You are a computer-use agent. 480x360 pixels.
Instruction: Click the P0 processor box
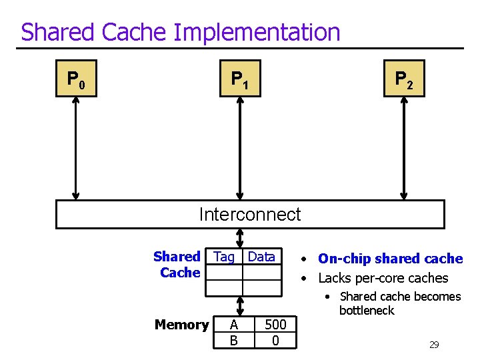(76, 79)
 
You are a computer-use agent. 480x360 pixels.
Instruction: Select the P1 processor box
(240, 79)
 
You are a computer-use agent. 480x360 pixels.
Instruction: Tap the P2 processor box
(404, 79)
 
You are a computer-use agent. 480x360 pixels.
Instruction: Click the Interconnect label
(250, 215)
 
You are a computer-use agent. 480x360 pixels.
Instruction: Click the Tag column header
(224, 257)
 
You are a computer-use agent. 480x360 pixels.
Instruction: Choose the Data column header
(261, 257)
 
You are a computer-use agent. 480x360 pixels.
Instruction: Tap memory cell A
(233, 325)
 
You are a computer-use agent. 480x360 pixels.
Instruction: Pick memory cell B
(233, 341)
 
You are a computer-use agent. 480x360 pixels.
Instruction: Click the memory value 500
(275, 325)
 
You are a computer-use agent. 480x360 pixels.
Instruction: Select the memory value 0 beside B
(275, 341)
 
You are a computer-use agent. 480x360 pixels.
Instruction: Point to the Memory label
(181, 325)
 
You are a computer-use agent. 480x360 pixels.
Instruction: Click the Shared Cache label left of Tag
(177, 265)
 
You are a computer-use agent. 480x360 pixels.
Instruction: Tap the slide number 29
(434, 345)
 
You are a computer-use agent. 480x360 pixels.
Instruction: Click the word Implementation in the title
(257, 32)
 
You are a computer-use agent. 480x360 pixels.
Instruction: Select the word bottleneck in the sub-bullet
(367, 311)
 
